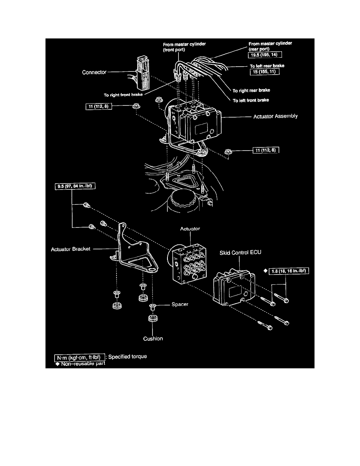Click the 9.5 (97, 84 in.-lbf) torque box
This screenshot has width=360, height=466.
click(x=74, y=186)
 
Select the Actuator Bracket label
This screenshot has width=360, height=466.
click(x=71, y=249)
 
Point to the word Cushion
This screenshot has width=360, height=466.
click(x=153, y=339)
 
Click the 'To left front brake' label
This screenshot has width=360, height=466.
click(x=251, y=100)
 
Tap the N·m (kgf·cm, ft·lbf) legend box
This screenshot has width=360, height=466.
click(x=80, y=357)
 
